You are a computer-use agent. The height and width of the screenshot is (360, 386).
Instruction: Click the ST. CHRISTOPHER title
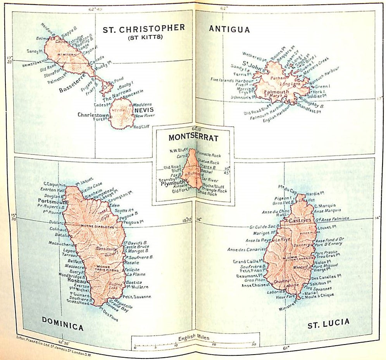point(143,28)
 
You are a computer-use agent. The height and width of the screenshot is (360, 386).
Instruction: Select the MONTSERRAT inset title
point(193,137)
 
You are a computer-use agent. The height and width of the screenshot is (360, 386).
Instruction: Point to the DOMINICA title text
point(62,327)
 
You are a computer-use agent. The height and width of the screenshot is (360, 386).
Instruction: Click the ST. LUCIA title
point(328,322)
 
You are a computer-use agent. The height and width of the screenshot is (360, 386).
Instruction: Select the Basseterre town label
point(72,90)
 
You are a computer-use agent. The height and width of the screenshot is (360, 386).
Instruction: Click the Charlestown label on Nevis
point(93,115)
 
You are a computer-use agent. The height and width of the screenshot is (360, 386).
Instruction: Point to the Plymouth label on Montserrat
point(172,183)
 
